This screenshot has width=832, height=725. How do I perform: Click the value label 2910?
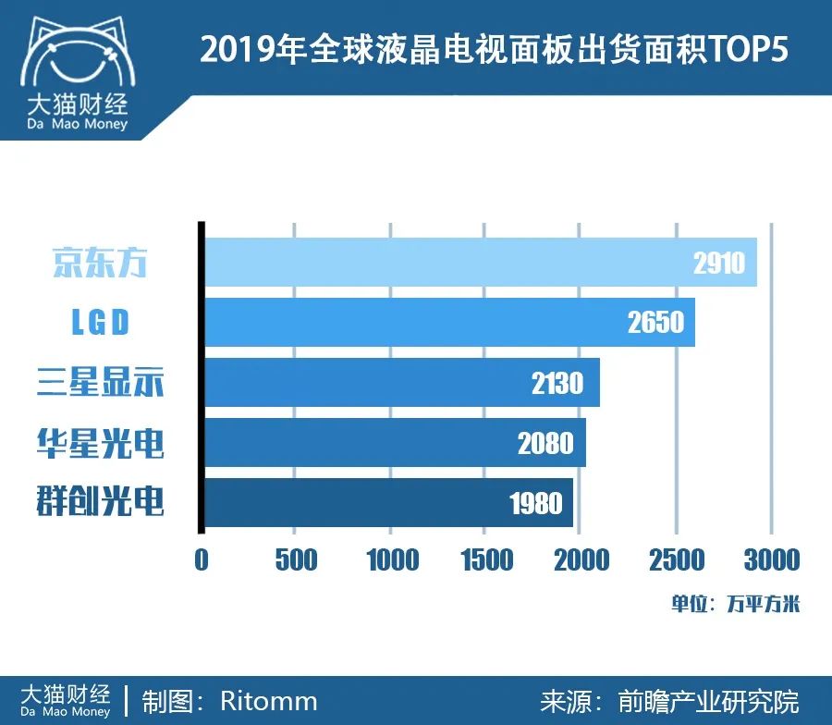[x=718, y=264]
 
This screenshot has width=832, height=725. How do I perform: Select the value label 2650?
[x=655, y=323]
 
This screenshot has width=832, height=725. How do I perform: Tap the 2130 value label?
[x=557, y=383]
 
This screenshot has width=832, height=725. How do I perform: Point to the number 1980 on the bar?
[x=536, y=504]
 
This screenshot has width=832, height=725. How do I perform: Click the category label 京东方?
[x=100, y=264]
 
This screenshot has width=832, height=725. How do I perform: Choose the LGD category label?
[x=100, y=323]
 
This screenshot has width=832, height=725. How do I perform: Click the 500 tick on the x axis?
[x=296, y=559]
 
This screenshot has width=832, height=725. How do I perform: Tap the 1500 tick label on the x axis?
[x=486, y=559]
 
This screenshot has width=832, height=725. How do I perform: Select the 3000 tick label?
[x=772, y=559]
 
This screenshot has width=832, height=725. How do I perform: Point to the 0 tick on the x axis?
[x=202, y=559]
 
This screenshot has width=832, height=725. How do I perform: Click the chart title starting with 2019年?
[x=495, y=50]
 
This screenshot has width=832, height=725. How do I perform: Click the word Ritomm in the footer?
[x=268, y=701]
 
